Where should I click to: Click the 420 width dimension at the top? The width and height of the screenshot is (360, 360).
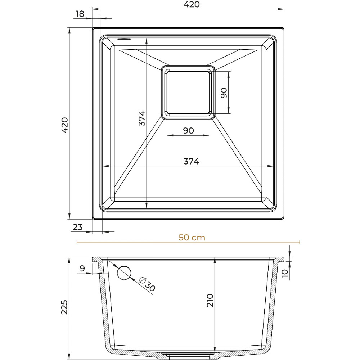pos(192,4)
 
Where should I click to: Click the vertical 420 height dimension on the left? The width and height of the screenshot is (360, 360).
pos(65,125)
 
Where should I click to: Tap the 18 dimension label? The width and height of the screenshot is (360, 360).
pos(80,14)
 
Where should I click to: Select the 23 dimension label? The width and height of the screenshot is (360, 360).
pos(78,227)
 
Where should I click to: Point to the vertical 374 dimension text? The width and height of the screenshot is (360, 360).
pos(142,118)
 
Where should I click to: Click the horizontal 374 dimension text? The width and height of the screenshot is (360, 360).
pos(192,161)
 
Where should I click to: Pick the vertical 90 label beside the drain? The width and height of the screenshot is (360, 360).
pos(224,93)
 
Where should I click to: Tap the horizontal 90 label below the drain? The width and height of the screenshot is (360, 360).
pos(189,130)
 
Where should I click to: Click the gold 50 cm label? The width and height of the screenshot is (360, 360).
pos(192,237)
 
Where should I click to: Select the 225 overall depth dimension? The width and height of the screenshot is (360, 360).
pos(64,307)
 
